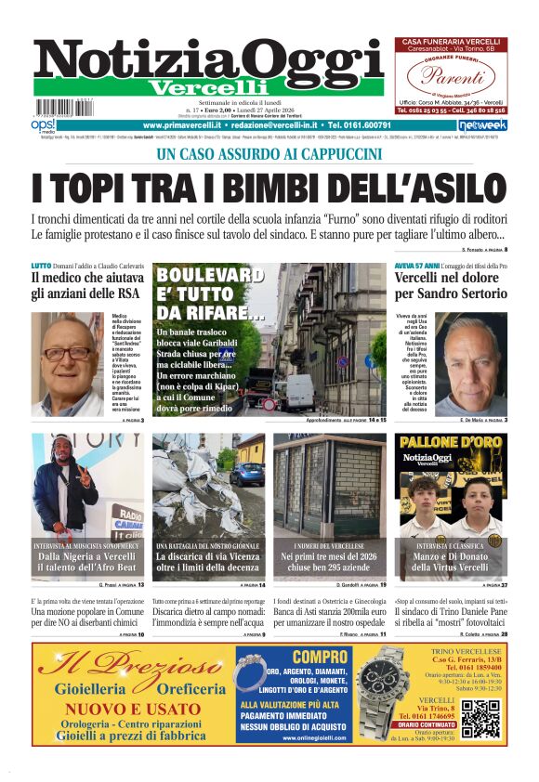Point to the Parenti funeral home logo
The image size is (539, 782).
[450, 76]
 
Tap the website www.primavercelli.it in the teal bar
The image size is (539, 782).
[182, 124]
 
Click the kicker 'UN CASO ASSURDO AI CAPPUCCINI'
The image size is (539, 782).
[269, 155]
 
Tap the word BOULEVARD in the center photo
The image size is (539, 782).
[210, 276]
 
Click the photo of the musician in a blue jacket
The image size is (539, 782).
[66, 483]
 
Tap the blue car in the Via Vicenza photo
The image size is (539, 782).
[249, 475]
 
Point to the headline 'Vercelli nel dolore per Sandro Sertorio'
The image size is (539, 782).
[452, 286]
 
